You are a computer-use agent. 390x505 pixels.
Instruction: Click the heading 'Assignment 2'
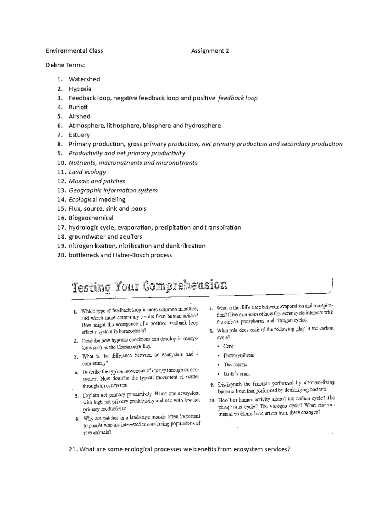(x=210, y=51)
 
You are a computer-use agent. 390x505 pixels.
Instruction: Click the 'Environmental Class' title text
(x=74, y=51)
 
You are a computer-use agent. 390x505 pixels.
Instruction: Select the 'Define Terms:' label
(x=65, y=65)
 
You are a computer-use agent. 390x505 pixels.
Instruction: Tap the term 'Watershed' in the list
(x=84, y=79)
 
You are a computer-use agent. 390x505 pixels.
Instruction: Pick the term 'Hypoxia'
(x=80, y=89)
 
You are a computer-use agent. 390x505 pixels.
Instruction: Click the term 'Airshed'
(x=79, y=116)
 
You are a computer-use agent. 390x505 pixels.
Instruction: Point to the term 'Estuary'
(x=79, y=135)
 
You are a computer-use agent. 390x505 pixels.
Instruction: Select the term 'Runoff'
(x=78, y=107)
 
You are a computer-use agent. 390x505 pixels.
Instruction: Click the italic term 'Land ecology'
(x=87, y=172)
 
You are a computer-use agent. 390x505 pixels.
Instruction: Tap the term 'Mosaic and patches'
(x=97, y=181)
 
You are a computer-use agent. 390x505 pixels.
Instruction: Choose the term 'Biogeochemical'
(x=91, y=218)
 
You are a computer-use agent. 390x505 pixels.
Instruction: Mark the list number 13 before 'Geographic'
(x=61, y=190)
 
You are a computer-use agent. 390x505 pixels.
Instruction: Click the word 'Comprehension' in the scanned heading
(x=185, y=286)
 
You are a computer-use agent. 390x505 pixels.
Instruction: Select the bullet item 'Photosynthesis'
(x=239, y=355)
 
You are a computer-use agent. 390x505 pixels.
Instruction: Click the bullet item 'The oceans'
(x=235, y=365)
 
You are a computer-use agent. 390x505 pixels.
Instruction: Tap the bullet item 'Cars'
(x=228, y=346)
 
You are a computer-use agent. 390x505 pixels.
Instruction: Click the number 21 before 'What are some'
(x=73, y=449)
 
